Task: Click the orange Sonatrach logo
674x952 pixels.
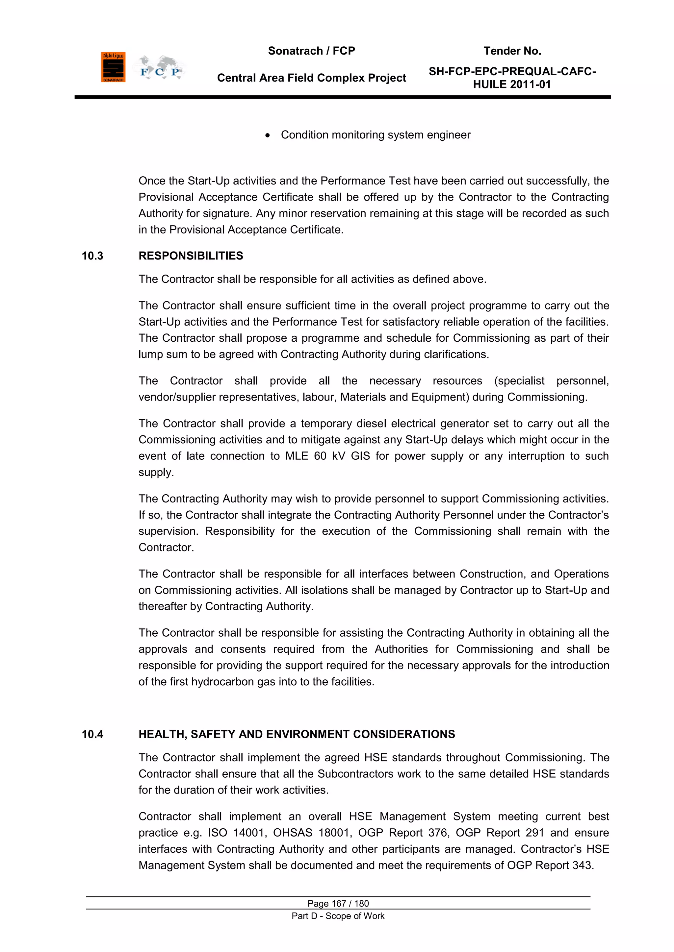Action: (x=113, y=67)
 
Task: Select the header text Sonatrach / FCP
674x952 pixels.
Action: (x=311, y=51)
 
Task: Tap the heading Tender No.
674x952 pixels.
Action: (x=512, y=51)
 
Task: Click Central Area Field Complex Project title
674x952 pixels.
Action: (x=311, y=78)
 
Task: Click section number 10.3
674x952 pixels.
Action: (x=92, y=256)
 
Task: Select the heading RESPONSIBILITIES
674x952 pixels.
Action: (x=191, y=256)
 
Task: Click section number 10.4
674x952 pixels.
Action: (x=92, y=734)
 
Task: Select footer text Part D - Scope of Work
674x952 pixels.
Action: (x=338, y=916)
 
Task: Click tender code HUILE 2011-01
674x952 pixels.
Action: (x=512, y=85)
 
